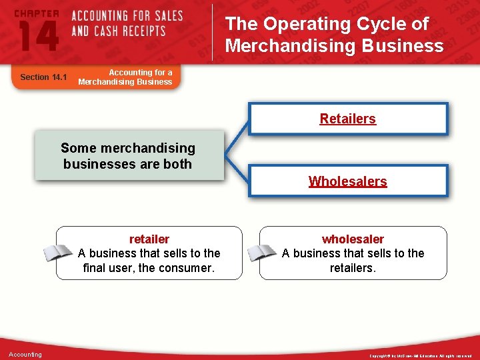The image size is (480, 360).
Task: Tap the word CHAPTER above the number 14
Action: [37, 13]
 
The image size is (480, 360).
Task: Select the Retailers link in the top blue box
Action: [347, 119]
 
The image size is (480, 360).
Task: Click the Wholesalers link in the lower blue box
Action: [347, 181]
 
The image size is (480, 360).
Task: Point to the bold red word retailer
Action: [149, 239]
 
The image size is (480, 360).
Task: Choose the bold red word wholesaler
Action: [353, 239]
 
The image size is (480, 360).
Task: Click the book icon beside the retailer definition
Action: [58, 253]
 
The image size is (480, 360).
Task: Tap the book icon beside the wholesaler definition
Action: [262, 253]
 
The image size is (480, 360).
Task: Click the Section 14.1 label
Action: [43, 77]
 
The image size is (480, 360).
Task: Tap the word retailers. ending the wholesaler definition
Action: [353, 268]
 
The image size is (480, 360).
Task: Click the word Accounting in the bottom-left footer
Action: [25, 354]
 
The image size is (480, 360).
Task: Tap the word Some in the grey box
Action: [79, 148]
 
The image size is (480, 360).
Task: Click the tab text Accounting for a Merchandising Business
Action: [125, 77]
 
